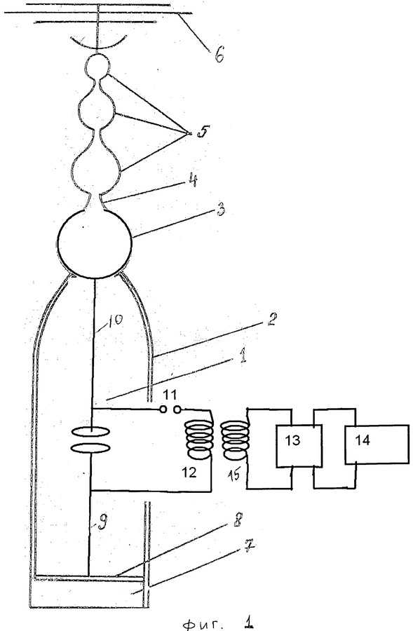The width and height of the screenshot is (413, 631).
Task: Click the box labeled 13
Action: [x=299, y=446]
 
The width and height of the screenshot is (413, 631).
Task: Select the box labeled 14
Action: [x=377, y=445]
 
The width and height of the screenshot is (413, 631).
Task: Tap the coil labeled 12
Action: [x=198, y=440]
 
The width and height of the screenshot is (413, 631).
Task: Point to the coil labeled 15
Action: [x=236, y=440]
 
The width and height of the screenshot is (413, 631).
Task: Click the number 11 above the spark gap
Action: [x=170, y=394]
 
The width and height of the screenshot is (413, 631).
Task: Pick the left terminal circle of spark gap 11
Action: [x=163, y=409]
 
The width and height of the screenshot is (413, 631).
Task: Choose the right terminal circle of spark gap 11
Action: [x=177, y=409]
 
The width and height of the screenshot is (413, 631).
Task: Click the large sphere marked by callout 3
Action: [x=95, y=243]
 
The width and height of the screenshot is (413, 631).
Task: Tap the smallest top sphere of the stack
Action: [x=98, y=65]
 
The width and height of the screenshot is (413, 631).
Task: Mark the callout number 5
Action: [x=203, y=132]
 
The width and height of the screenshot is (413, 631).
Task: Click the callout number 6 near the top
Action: [x=219, y=54]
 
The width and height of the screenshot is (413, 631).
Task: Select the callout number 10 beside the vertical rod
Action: [x=115, y=320]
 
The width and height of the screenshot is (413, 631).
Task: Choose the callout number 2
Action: [x=272, y=320]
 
